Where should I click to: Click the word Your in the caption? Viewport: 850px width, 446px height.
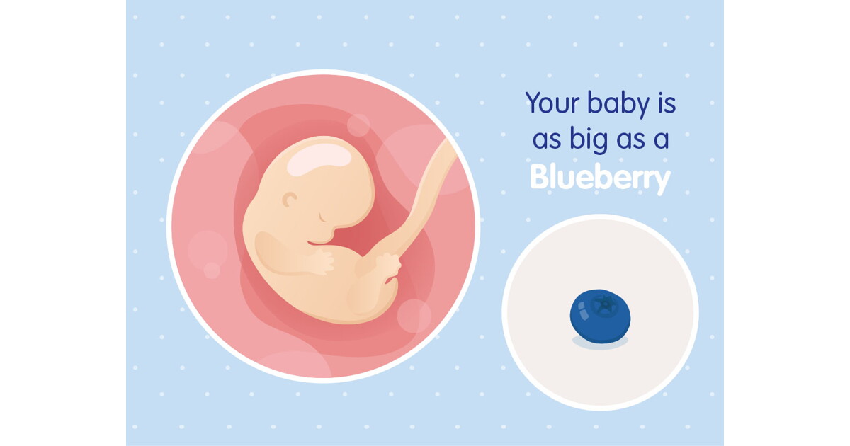(x=553, y=103)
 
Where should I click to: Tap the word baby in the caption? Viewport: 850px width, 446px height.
(x=618, y=103)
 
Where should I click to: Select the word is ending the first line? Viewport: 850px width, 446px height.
(x=667, y=103)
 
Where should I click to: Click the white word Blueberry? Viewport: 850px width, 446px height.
(x=601, y=178)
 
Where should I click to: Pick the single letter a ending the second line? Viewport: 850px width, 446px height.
(x=661, y=140)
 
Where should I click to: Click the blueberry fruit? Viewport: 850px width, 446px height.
(x=600, y=316)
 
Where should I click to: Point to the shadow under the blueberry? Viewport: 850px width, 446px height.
(x=600, y=343)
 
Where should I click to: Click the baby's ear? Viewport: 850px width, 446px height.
(x=290, y=200)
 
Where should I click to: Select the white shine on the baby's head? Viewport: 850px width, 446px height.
(x=319, y=159)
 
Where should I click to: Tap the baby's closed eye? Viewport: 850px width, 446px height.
(x=323, y=218)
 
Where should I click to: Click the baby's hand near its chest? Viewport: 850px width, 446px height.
(x=322, y=262)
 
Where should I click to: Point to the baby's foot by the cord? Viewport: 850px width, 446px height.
(x=388, y=265)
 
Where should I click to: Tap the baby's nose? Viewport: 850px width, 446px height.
(x=336, y=227)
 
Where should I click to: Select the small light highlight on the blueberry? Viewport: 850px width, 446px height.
(x=582, y=311)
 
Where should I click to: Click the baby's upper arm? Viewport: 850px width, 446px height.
(x=280, y=253)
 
